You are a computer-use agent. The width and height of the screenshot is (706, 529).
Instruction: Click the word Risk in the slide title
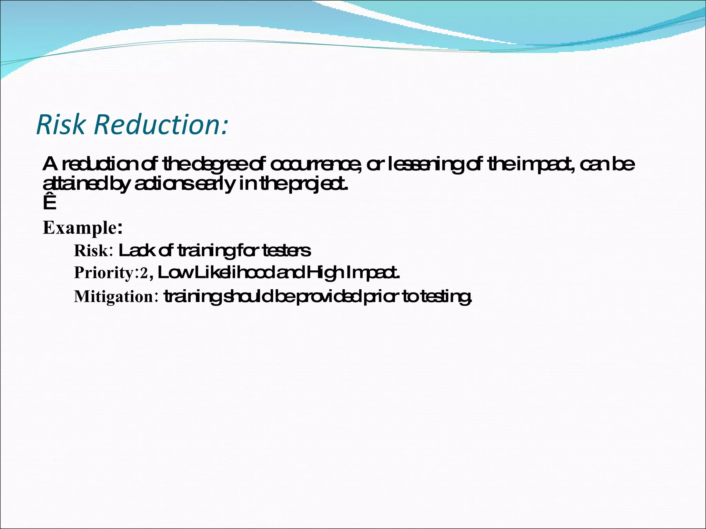[x=60, y=124]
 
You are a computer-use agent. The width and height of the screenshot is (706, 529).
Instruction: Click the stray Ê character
[x=49, y=203]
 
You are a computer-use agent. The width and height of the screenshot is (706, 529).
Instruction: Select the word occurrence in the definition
[x=315, y=165]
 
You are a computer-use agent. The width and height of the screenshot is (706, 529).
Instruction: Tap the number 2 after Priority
[x=144, y=273]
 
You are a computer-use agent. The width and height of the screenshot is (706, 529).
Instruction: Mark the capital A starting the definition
[x=50, y=164]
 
